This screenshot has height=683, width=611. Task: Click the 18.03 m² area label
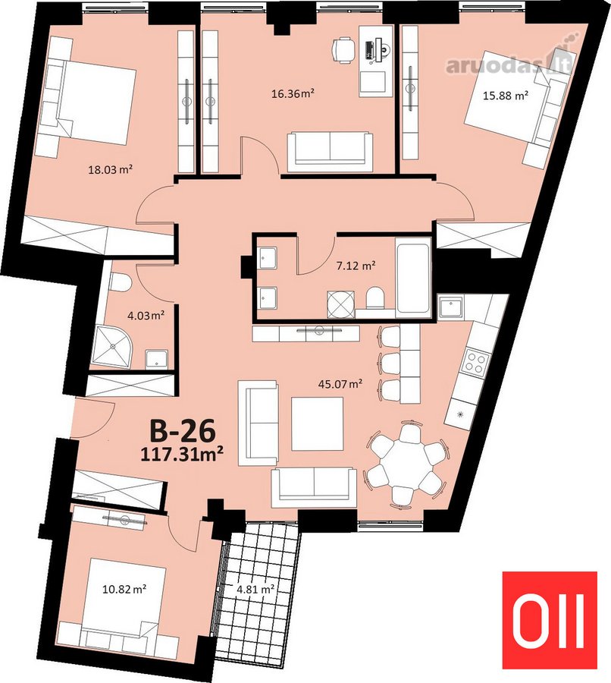coord(110,169)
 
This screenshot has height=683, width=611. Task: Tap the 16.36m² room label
coord(293,93)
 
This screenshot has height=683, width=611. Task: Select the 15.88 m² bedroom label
coord(506,96)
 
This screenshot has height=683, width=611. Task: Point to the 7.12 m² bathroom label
coord(356,265)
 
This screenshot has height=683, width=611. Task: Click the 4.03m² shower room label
coord(146,315)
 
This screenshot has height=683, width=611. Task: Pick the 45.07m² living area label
coord(340,384)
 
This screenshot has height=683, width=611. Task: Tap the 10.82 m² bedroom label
coord(124,590)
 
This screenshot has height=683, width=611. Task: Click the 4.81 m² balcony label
coord(255,590)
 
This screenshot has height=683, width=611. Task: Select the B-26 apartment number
coord(183,431)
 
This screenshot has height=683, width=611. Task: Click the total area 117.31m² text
coord(182,455)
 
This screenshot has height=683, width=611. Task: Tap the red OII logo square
coord(550,620)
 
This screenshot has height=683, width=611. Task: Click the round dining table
coord(406,463)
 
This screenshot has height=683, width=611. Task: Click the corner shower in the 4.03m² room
coord(112,347)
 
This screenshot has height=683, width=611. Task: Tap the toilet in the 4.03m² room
coord(120,282)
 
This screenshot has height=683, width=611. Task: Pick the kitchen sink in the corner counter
coord(451,307)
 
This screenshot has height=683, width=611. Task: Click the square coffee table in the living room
coord(317,423)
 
